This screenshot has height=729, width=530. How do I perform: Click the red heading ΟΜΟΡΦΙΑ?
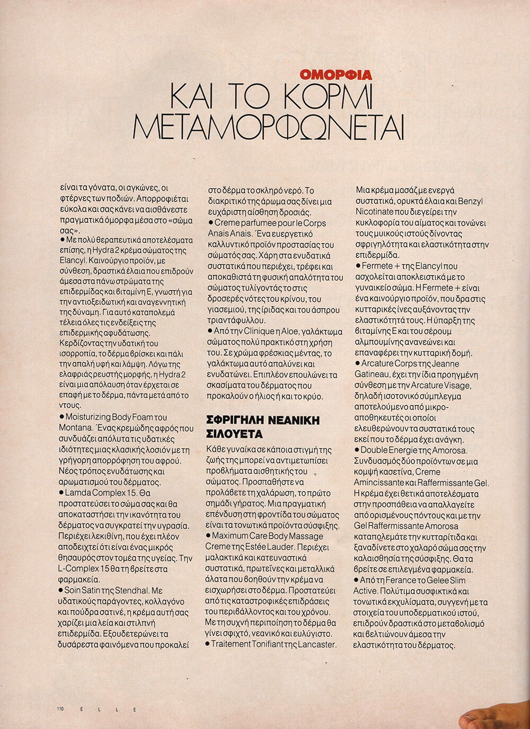pyautogui.click(x=335, y=75)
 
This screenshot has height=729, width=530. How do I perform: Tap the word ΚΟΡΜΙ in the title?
pyautogui.click(x=329, y=96)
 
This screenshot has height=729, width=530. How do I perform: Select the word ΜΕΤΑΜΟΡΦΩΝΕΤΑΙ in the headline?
pyautogui.click(x=268, y=127)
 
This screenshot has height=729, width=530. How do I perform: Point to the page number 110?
pyautogui.click(x=60, y=709)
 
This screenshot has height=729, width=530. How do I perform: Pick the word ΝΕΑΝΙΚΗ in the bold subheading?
pyautogui.click(x=294, y=421)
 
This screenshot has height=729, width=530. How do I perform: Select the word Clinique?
pyautogui.click(x=259, y=331)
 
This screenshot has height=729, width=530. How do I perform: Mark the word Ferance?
pyautogui.click(x=401, y=580)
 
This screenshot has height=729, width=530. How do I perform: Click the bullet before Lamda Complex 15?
pyautogui.click(x=61, y=493)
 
